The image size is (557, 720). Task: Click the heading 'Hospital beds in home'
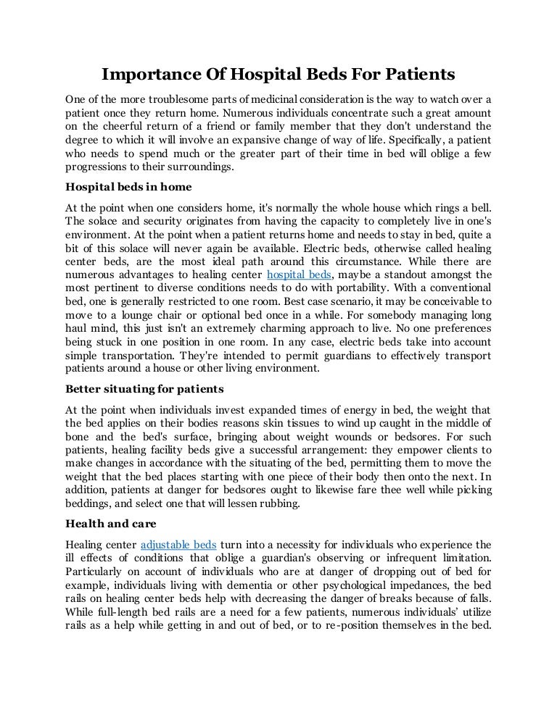pos(128,187)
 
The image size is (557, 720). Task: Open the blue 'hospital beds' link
pos(300,275)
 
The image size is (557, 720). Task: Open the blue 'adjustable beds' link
pos(178,545)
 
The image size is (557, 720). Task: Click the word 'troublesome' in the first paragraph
pos(159,99)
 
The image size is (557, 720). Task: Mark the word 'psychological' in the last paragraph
pos(354,585)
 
